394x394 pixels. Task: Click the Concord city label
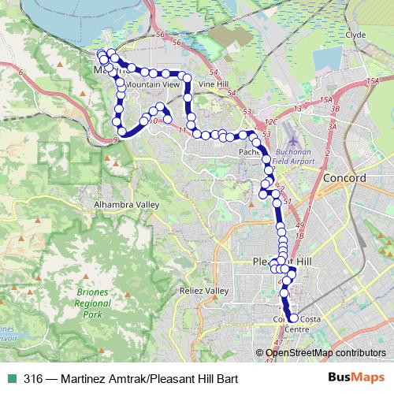(344, 179)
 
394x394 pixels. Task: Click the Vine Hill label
(213, 82)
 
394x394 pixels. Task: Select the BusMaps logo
(358, 378)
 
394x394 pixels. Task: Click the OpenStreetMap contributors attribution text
(326, 352)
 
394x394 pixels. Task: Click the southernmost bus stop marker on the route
(293, 318)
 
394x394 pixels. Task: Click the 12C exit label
(272, 122)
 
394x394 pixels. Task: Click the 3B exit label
(334, 108)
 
